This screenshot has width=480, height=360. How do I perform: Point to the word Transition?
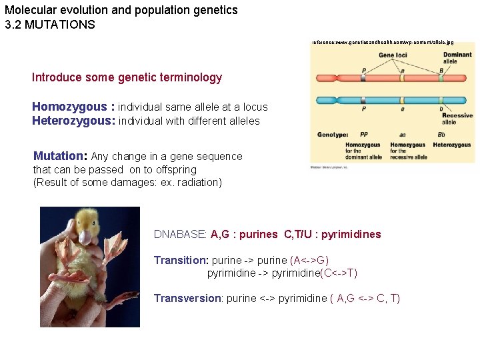click(181, 260)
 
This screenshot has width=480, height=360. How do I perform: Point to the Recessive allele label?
click(457, 119)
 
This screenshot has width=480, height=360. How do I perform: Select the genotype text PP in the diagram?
click(363, 134)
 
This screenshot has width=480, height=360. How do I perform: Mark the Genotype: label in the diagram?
click(333, 134)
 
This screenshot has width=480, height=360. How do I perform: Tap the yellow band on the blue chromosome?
click(401, 101)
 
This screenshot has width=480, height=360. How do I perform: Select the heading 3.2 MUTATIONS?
click(50, 25)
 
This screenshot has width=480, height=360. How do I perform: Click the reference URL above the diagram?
click(383, 42)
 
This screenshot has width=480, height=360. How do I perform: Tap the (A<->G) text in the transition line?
click(309, 260)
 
